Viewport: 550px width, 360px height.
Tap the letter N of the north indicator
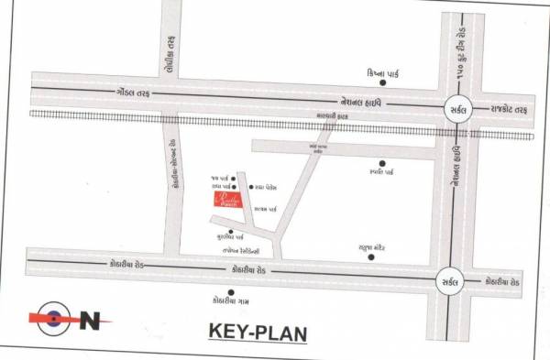[90, 320]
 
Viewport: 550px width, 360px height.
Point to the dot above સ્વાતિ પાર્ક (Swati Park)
[380, 162]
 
